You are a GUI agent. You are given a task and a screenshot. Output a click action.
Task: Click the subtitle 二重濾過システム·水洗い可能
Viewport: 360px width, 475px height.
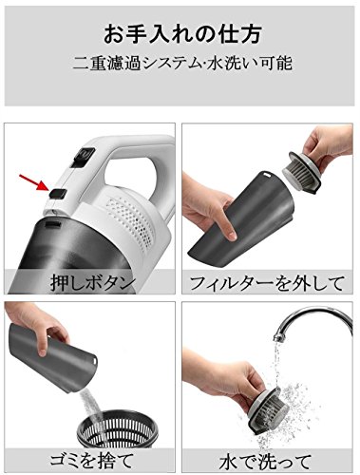coord(180,66)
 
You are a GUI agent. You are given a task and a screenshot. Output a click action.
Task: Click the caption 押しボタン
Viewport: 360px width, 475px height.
coord(90,281)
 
